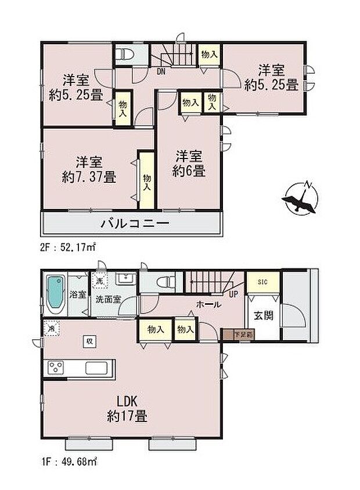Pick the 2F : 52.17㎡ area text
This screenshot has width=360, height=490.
point(67,247)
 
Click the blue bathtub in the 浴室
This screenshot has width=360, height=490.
point(56,294)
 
